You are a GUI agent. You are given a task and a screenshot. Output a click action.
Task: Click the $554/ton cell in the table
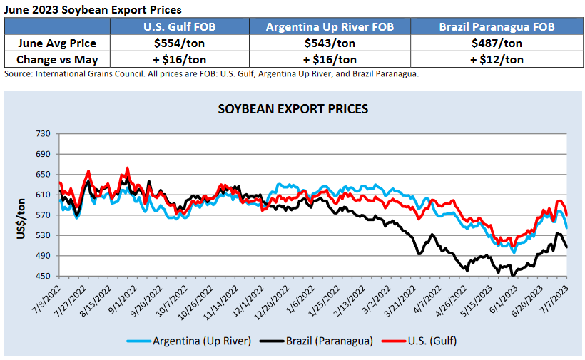190,43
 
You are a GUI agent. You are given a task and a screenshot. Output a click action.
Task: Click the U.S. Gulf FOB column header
190,28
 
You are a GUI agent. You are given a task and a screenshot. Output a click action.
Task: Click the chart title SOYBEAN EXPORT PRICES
292,109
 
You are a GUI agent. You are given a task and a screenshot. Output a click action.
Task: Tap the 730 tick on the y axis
44,134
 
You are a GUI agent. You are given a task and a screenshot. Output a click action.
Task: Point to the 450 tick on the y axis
44,276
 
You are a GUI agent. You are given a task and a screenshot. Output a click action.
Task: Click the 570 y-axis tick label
44,215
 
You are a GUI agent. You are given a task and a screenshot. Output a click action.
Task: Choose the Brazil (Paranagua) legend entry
325,341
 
